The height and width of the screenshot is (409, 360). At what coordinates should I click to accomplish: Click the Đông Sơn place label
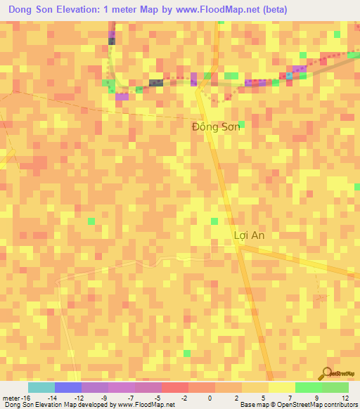(217, 126)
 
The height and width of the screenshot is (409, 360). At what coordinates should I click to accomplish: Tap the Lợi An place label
(249, 235)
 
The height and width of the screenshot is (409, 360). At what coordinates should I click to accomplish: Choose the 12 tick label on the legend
(345, 397)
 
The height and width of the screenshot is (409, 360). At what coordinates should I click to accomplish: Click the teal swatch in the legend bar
(41, 387)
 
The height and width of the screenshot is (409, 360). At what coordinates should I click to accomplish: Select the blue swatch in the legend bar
(68, 387)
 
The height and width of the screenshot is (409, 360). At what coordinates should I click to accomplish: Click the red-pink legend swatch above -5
(174, 387)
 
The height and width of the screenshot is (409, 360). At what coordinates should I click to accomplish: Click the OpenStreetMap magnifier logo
(326, 373)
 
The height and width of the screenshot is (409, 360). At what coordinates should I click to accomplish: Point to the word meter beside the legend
(11, 397)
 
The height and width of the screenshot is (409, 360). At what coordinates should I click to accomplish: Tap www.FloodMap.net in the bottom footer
(146, 405)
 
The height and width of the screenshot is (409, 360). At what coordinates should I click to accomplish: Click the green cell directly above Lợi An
(214, 221)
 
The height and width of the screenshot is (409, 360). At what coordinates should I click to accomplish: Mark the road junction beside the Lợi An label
(239, 246)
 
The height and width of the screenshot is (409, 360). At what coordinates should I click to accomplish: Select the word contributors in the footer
(340, 405)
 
